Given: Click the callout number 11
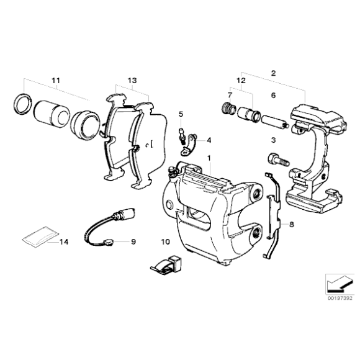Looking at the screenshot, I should (x=56, y=81).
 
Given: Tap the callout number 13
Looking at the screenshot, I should (x=132, y=81).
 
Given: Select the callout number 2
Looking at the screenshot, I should (x=272, y=73).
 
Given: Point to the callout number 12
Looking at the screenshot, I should (x=241, y=81).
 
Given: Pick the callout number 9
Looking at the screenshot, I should (x=132, y=241).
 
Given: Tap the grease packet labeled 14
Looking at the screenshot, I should (x=37, y=237).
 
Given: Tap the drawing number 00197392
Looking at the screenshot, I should (x=339, y=297).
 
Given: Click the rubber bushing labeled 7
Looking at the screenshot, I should (x=228, y=110).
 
